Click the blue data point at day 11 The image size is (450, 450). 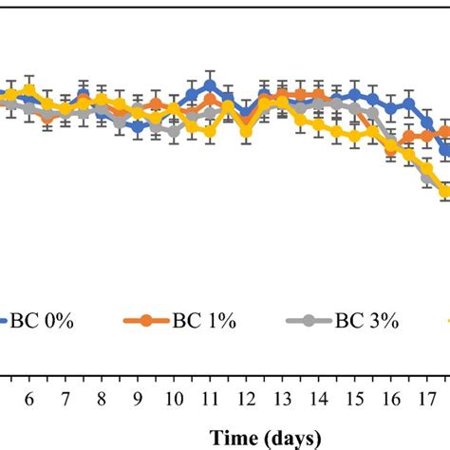coord(210,85)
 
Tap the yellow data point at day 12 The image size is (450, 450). coord(246,132)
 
